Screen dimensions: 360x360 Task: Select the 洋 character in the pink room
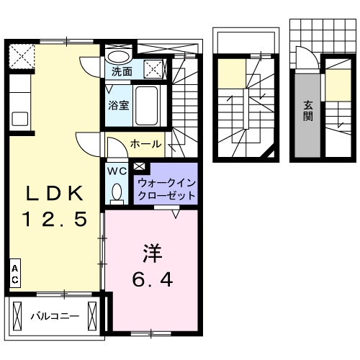150,253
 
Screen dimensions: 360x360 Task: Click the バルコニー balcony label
55,315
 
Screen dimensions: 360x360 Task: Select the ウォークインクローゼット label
166,189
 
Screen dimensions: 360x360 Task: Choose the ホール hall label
145,144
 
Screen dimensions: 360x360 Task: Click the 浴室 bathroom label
119,104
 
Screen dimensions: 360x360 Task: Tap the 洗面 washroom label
122,71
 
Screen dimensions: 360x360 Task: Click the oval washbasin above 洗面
119,56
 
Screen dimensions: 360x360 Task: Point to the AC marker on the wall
15,274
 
